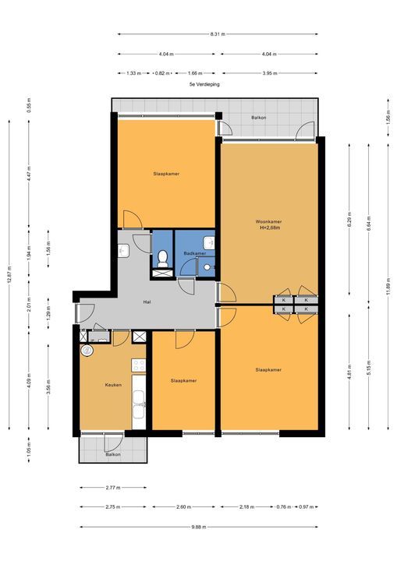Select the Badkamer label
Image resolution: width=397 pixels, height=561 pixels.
pos(194,253)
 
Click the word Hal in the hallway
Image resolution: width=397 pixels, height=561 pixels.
pos(147,302)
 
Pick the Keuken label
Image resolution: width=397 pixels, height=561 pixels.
pos(113,384)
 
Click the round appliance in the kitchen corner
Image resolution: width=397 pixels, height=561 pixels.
pos(87,351)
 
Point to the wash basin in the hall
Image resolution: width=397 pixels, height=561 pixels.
pos(123,250)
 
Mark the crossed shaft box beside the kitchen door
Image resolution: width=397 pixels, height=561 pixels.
pos(139,337)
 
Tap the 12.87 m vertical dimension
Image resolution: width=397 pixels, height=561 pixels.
pos(9,277)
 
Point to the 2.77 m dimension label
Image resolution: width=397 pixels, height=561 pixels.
pos(112,489)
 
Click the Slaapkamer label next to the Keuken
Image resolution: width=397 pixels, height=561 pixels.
pos(183,381)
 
